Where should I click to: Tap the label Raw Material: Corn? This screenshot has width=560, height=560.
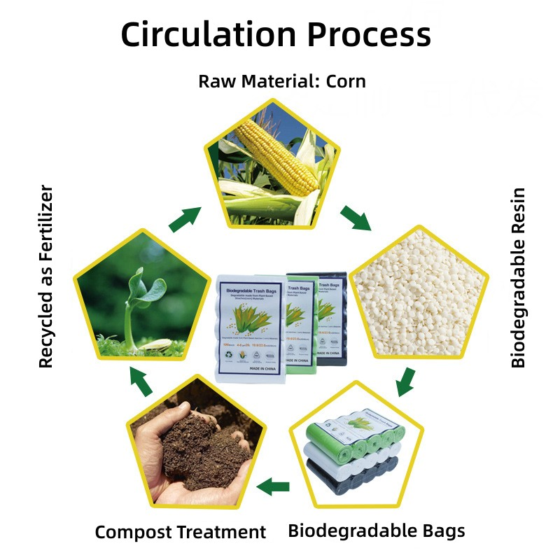pyautogui.click(x=281, y=81)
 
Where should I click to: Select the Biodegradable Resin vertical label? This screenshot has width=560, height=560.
pyautogui.click(x=518, y=277)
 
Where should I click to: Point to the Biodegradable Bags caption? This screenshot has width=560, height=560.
pyautogui.click(x=376, y=531)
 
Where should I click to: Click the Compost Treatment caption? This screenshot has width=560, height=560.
pyautogui.click(x=181, y=532)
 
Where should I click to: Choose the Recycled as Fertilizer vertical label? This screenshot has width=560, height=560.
pyautogui.click(x=46, y=276)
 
